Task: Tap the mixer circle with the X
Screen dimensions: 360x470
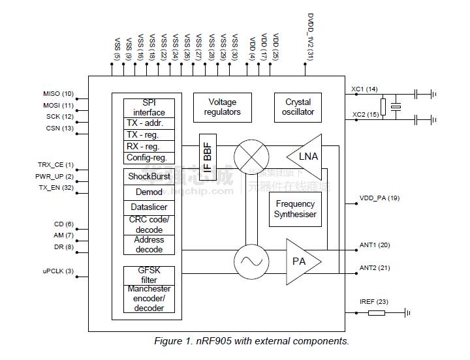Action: tap(251, 156)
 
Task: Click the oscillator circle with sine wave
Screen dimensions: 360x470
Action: tap(251, 262)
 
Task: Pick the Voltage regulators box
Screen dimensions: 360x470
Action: tap(222, 107)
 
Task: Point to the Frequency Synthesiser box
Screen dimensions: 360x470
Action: tap(295, 209)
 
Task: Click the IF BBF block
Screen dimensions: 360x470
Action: tap(208, 156)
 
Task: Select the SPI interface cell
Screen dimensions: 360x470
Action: tap(149, 108)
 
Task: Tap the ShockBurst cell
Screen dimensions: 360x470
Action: tap(149, 177)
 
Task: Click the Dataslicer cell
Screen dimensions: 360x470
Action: tap(149, 207)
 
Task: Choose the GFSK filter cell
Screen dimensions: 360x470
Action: tap(149, 275)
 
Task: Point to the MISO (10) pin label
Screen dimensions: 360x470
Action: tap(59, 94)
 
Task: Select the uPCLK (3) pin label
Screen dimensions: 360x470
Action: tap(58, 271)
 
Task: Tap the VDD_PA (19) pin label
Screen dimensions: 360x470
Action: tap(379, 198)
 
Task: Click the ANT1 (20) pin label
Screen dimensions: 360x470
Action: tap(374, 245)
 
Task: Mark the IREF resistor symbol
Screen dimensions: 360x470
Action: tap(377, 313)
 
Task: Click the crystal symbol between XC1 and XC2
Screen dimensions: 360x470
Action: tap(395, 107)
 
